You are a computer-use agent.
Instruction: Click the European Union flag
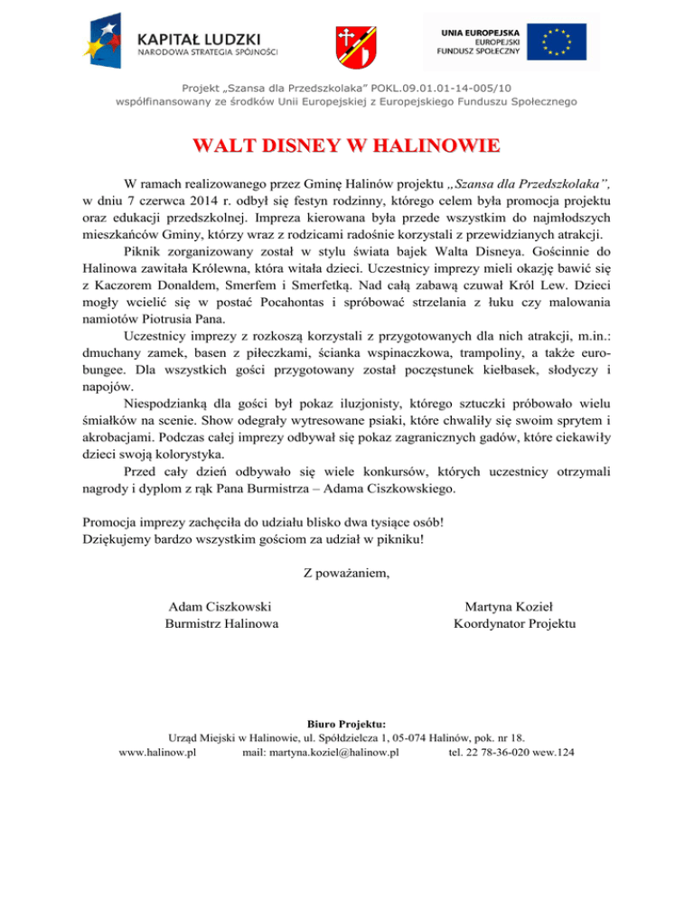[x=565, y=42]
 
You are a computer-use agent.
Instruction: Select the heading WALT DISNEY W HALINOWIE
[x=346, y=146]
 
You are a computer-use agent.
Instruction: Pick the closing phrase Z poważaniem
[x=347, y=572]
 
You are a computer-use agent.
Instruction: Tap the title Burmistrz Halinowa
[x=221, y=623]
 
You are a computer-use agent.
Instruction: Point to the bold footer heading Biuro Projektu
[x=347, y=722]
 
